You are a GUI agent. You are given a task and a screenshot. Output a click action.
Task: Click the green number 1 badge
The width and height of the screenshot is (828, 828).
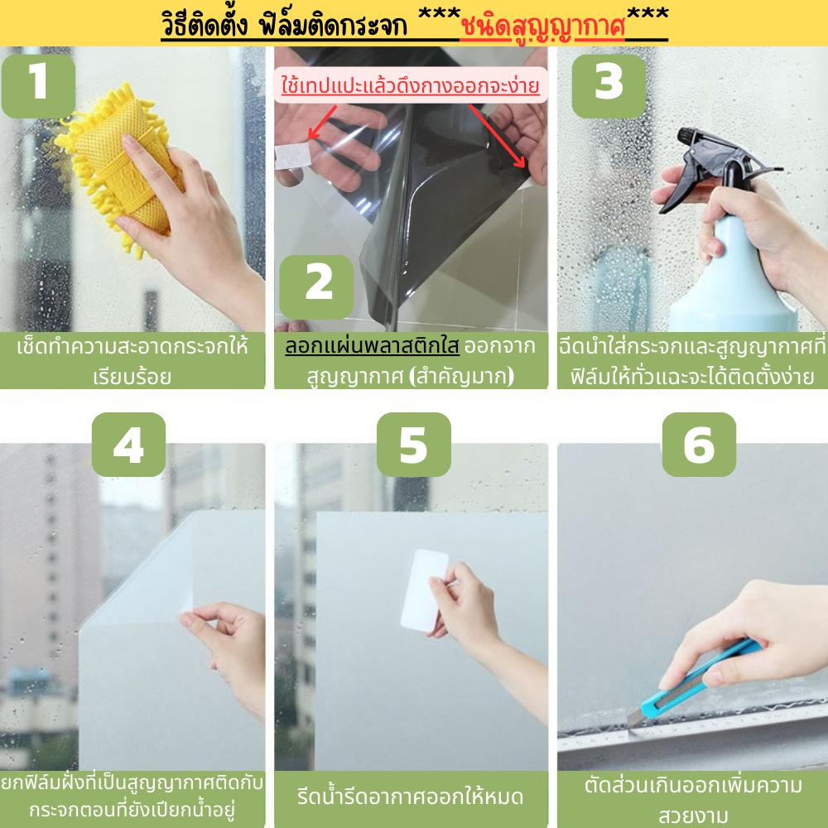[39, 85]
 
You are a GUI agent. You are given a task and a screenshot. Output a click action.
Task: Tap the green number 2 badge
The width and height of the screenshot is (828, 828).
[316, 286]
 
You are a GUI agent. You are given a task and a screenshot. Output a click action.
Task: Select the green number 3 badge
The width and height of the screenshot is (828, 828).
[609, 85]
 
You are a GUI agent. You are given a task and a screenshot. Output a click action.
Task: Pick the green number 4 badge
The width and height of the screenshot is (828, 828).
[128, 444]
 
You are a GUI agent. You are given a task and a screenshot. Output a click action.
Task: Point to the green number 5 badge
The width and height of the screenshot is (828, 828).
[413, 444]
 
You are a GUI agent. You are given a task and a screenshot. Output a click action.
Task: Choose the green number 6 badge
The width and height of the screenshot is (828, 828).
[699, 444]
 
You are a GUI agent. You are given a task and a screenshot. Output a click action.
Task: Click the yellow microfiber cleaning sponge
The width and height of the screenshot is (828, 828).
[118, 164]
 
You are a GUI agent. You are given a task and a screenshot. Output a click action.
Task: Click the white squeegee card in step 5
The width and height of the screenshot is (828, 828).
[424, 590]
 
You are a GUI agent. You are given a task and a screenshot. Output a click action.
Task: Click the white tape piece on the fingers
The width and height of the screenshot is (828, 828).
[292, 156]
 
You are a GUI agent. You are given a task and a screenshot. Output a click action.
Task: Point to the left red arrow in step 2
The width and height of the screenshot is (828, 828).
[323, 122]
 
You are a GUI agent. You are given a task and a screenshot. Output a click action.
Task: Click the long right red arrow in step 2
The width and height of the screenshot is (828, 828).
[498, 136]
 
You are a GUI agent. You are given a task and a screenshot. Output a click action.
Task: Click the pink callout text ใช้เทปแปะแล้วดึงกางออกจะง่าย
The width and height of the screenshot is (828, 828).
[411, 85]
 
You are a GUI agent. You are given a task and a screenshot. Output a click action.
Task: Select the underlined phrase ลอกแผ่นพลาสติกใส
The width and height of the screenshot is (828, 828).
[372, 346]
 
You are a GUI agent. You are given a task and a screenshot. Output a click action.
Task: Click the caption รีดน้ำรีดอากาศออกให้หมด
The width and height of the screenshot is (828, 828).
[410, 797]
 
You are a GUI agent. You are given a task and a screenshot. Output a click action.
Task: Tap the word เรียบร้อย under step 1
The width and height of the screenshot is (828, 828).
[132, 377]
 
